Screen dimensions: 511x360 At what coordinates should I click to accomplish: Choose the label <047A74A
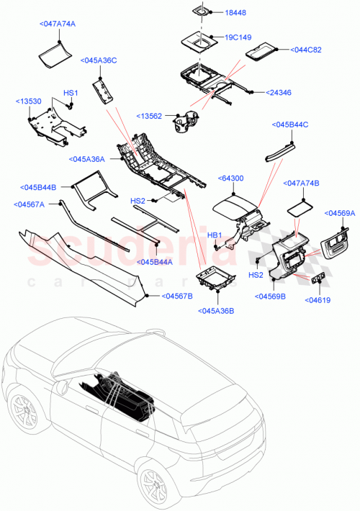[x=57, y=24]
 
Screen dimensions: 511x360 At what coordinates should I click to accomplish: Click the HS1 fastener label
[x=70, y=93]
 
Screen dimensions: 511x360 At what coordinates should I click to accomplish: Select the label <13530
[x=30, y=102]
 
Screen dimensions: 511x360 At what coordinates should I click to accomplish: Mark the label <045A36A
[x=88, y=159]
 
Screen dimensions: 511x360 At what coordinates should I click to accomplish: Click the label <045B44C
[x=290, y=125]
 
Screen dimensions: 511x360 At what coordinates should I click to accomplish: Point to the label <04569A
[x=340, y=213]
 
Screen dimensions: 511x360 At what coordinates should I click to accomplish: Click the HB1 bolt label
[x=214, y=235]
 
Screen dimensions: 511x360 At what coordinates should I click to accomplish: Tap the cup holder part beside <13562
[x=185, y=123]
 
